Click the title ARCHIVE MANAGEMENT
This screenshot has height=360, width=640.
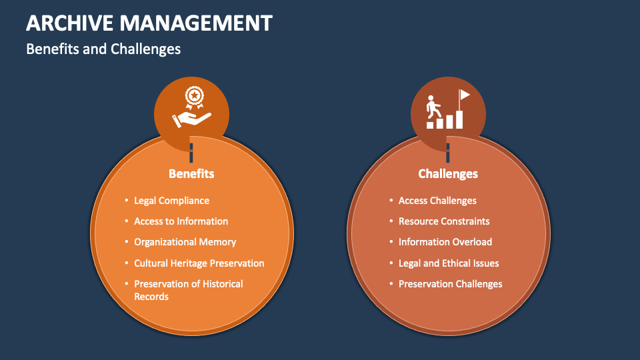pos(149,23)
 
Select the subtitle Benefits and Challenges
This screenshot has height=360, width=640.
pos(103,49)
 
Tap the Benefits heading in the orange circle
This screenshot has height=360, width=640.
pos(191,173)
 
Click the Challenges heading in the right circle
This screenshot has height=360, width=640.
pos(448,173)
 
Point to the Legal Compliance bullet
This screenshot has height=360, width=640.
pos(171,201)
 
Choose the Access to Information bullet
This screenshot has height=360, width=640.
pos(181,221)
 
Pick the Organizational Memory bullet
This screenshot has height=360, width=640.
pos(185,242)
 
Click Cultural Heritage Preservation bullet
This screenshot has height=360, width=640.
pos(199,263)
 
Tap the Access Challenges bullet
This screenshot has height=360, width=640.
pos(437,201)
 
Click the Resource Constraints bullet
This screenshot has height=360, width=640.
pos(444,221)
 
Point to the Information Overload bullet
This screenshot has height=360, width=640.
pos(445,242)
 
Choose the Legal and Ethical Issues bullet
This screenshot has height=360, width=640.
pos(449,263)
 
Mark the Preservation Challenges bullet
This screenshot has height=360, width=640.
pos(450,284)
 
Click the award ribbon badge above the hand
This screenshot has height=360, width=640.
pos(193,97)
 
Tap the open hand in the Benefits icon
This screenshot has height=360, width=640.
pos(193,119)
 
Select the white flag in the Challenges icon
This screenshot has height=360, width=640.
pos(464,95)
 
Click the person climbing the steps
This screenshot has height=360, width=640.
pos(434,107)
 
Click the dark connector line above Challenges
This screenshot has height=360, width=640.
pos(448,153)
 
